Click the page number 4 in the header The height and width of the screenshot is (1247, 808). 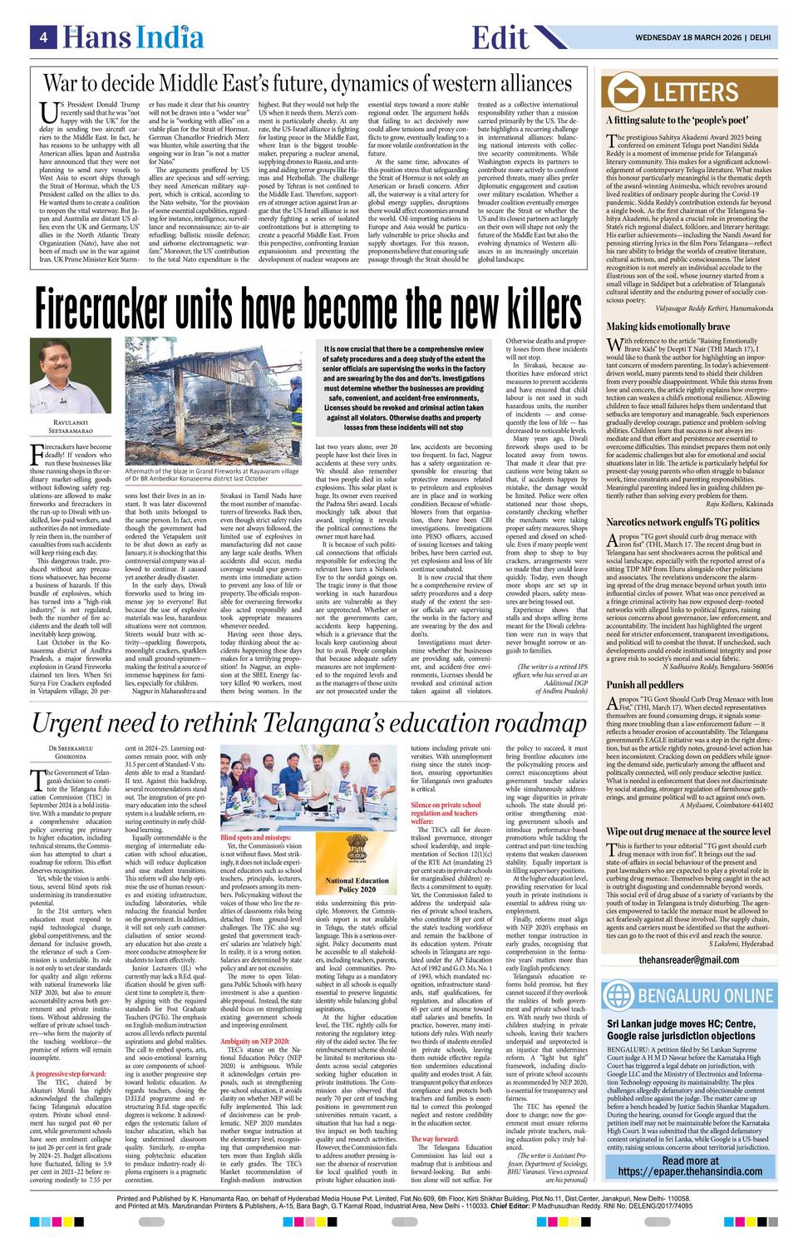tap(42, 37)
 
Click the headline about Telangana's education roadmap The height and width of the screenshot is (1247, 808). tap(308, 723)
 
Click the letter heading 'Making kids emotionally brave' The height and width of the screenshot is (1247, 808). tap(668, 327)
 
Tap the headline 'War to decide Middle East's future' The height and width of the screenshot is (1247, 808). tap(308, 84)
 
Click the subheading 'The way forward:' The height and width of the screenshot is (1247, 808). tap(435, 1138)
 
